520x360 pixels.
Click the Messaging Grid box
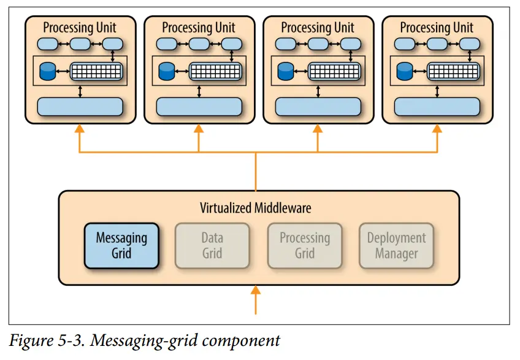pyautogui.click(x=121, y=245)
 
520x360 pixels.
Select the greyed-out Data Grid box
pyautogui.click(x=212, y=245)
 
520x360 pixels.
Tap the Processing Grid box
pyautogui.click(x=305, y=245)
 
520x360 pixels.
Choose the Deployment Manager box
pyautogui.click(x=396, y=245)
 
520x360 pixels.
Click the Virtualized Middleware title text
pyautogui.click(x=256, y=208)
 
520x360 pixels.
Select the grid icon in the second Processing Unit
pyautogui.click(x=212, y=71)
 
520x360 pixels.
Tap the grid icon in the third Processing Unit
pyautogui.click(x=331, y=71)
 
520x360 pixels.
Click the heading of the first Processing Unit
pyautogui.click(x=80, y=28)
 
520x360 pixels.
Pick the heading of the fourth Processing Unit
pyautogui.click(x=437, y=28)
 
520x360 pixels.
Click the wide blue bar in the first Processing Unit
pyautogui.click(x=80, y=107)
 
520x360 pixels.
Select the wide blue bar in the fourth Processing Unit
pyautogui.click(x=437, y=107)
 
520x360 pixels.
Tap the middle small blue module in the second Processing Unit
pyautogui.click(x=199, y=44)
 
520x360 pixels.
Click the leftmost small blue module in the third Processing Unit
pyautogui.click(x=286, y=44)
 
